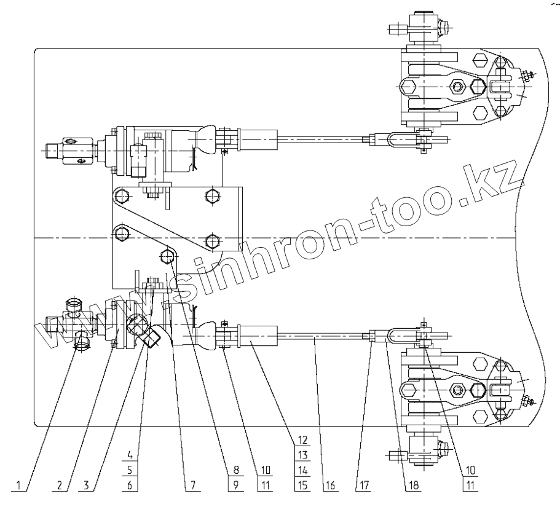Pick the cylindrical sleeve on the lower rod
coord(258,336)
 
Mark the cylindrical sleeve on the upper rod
coord(258,140)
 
